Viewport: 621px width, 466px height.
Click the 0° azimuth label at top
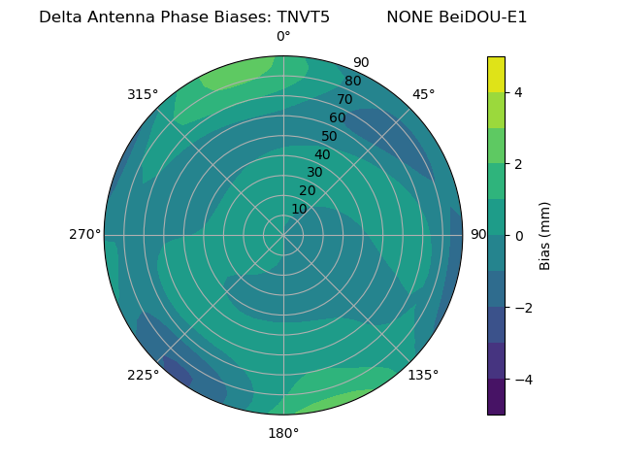coord(283,37)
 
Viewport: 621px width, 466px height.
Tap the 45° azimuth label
coord(423,94)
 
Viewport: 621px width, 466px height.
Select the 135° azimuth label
coord(423,375)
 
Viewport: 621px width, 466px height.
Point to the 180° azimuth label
coord(283,433)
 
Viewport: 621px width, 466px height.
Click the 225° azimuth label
coord(143,375)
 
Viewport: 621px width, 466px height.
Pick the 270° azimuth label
coord(85,235)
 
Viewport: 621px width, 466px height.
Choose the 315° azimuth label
coord(143,94)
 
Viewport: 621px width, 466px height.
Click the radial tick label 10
coord(299,209)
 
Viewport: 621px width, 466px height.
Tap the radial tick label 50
coord(330,136)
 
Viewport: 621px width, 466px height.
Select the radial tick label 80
coord(352,81)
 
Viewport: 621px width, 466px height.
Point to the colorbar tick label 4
coord(519,92)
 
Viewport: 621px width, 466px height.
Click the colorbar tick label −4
coord(523,379)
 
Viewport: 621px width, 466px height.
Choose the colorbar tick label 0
coord(519,236)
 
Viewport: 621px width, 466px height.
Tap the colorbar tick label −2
coord(523,308)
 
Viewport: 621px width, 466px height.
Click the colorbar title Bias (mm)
coord(545,236)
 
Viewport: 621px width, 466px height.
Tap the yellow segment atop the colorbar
coord(496,75)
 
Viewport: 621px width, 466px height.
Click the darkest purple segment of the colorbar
coord(496,397)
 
